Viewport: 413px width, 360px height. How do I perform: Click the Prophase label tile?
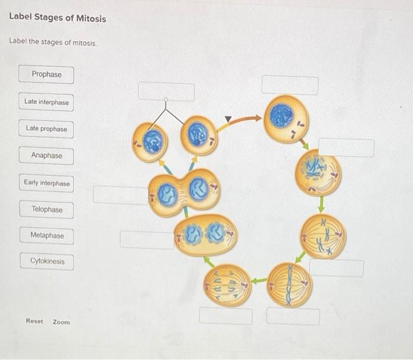pyautogui.click(x=47, y=75)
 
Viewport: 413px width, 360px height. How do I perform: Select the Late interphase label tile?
pyautogui.click(x=47, y=102)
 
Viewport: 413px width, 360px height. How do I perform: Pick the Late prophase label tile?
pyautogui.click(x=47, y=129)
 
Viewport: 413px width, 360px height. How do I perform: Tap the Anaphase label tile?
pyautogui.click(x=47, y=156)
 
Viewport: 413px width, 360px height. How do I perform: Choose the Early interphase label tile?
pyautogui.click(x=47, y=183)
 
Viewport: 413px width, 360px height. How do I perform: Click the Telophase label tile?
pyautogui.click(x=47, y=210)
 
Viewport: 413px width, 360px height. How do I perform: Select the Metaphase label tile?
pyautogui.click(x=47, y=235)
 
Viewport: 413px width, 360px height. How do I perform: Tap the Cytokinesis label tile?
pyautogui.click(x=47, y=261)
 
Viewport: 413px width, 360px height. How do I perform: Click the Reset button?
pyautogui.click(x=34, y=321)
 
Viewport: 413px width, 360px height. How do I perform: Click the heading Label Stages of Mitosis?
pyautogui.click(x=58, y=18)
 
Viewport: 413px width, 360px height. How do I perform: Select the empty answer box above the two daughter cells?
pyautogui.click(x=166, y=91)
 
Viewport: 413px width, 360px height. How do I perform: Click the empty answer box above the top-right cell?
pyautogui.click(x=290, y=85)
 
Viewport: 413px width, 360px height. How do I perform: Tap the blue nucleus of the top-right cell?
pyautogui.click(x=281, y=116)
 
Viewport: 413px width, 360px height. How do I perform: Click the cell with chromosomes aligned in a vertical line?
pyautogui.click(x=290, y=285)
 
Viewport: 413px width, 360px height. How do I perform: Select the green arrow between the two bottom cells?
pyautogui.click(x=258, y=282)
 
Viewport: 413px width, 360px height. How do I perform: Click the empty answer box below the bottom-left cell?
pyautogui.click(x=225, y=316)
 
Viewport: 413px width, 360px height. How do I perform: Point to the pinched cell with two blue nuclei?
pyautogui.click(x=184, y=190)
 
